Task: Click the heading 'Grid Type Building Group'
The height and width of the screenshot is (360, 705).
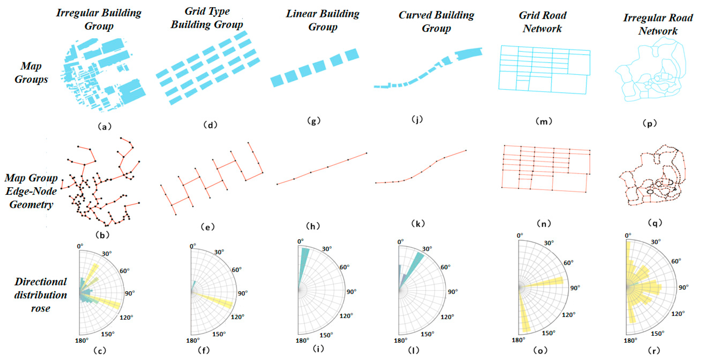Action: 207,18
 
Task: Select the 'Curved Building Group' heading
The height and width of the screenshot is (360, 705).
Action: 436,21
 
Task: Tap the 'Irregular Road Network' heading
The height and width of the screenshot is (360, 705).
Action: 658,24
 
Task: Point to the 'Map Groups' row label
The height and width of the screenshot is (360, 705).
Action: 31,73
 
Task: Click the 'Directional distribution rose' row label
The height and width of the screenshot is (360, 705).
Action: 40,295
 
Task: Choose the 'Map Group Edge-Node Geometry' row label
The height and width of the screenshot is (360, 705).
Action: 31,191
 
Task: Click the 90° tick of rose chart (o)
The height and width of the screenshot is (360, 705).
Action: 575,288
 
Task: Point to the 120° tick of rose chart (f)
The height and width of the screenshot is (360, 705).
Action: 237,317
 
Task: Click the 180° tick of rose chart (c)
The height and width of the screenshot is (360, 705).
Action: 82,341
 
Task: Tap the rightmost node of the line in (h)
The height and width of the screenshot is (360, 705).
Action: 367,153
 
